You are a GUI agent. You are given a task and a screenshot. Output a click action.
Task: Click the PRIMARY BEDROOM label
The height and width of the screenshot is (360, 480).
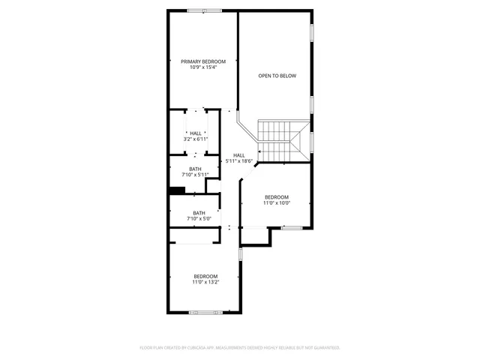(x=202, y=61)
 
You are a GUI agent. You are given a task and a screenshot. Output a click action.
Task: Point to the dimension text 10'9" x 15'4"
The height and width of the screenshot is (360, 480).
(x=202, y=68)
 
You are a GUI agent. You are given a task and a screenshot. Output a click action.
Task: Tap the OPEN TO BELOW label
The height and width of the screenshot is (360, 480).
(x=277, y=76)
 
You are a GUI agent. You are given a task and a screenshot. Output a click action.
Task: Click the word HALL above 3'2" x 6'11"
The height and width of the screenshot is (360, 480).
(x=195, y=133)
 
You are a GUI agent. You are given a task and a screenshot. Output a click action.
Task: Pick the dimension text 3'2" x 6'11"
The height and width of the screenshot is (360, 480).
(x=195, y=139)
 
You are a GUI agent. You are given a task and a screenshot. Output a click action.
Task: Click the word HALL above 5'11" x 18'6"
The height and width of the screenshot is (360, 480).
(x=238, y=155)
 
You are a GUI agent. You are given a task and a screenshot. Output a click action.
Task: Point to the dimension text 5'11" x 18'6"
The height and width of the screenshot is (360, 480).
(x=238, y=161)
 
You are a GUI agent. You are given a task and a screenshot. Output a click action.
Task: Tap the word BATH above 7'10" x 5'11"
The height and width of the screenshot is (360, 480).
(x=195, y=169)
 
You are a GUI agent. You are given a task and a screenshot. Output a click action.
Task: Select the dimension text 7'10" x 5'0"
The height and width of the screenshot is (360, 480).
(x=199, y=219)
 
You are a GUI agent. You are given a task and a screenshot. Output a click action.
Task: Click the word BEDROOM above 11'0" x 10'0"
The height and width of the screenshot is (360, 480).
(x=276, y=196)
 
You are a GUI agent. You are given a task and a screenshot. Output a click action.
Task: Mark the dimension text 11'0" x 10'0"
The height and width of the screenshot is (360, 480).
(x=276, y=202)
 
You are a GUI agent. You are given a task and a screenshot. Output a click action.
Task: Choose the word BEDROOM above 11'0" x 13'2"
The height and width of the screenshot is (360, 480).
(x=205, y=276)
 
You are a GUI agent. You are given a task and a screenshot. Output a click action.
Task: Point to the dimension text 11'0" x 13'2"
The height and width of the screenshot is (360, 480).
(x=205, y=282)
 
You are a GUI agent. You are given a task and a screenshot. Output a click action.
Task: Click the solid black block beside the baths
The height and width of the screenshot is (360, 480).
(x=176, y=190)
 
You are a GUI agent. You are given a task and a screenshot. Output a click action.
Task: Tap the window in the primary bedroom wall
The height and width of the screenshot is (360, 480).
(x=199, y=10)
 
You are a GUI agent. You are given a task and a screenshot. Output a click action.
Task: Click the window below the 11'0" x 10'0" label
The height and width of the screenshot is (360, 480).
(x=291, y=227)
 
